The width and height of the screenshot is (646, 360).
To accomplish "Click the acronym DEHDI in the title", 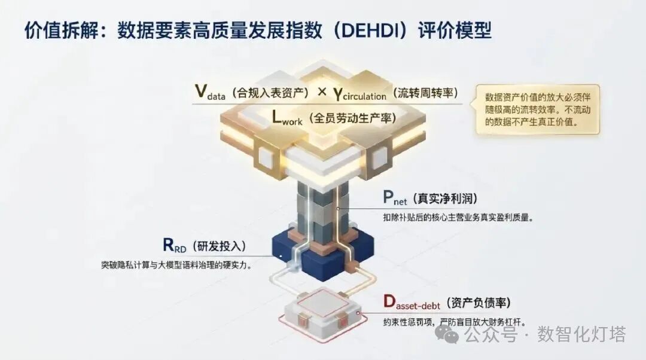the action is [x=368, y=31].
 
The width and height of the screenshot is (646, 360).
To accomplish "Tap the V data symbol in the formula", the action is [x=210, y=92].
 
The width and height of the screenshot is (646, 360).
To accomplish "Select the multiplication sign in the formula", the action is [x=322, y=92].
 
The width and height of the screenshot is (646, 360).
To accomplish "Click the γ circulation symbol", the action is [x=359, y=94].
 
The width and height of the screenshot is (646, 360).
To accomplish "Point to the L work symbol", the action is [x=287, y=117].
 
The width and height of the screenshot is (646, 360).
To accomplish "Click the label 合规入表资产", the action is [x=270, y=93].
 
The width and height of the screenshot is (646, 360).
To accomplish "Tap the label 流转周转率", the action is [x=426, y=93].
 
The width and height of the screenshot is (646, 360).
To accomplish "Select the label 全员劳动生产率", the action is [x=352, y=118].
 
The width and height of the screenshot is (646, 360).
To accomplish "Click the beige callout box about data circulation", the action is [x=538, y=109].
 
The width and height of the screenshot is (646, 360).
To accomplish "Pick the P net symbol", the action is [x=395, y=198].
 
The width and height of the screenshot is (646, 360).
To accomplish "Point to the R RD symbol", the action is [x=175, y=245].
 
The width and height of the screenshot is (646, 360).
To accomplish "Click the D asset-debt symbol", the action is [x=412, y=303].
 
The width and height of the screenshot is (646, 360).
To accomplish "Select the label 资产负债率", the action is [x=478, y=303].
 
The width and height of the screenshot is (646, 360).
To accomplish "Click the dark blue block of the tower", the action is [x=323, y=255].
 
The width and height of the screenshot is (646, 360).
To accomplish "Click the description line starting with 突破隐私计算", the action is [x=176, y=265].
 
